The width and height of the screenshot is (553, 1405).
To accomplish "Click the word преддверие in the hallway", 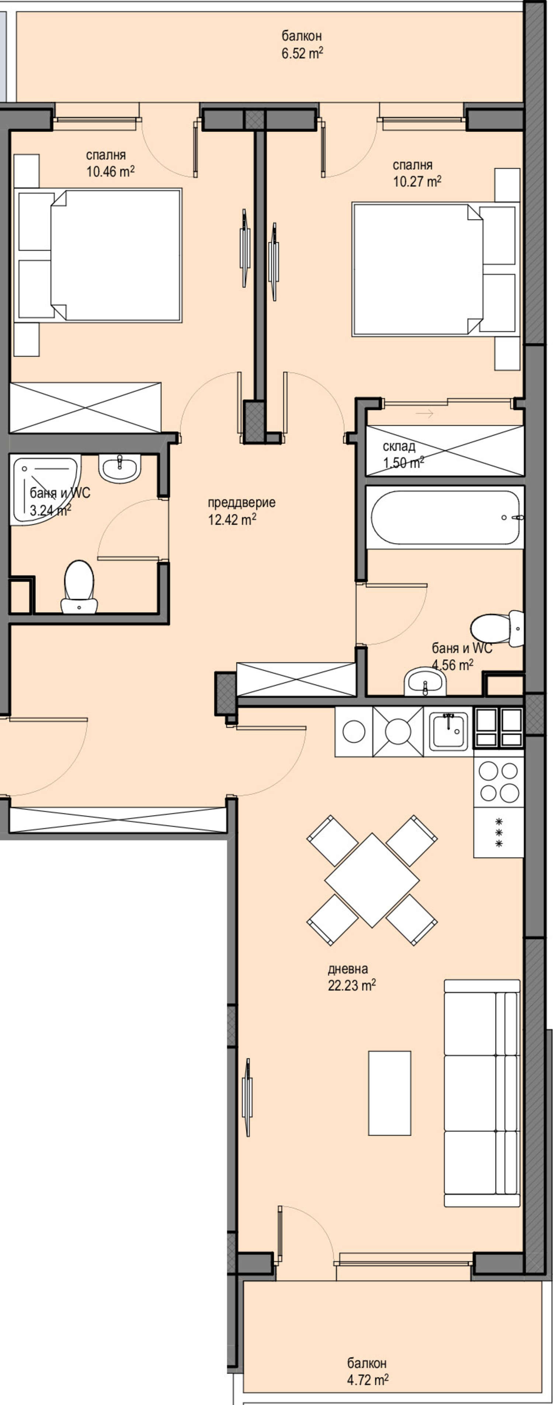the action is pyautogui.click(x=241, y=502).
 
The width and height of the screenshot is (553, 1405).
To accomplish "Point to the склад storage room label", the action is pyautogui.click(x=399, y=446).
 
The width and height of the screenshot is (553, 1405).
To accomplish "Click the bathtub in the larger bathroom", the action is pyautogui.click(x=445, y=518).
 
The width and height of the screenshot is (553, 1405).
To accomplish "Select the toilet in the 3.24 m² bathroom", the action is pyautogui.click(x=79, y=586).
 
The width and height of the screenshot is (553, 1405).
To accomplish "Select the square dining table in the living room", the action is pyautogui.click(x=372, y=880).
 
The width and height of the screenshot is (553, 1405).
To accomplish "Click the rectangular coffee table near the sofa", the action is pyautogui.click(x=389, y=1093).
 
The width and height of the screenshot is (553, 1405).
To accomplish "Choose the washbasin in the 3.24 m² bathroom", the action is pyautogui.click(x=119, y=468).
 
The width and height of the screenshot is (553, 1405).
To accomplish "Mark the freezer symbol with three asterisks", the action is pyautogui.click(x=498, y=832).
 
